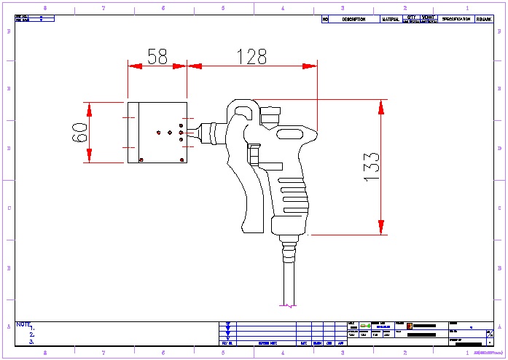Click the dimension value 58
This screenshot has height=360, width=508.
point(157,56)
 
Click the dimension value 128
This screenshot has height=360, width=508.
point(251,56)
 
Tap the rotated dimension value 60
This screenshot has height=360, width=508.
point(79,132)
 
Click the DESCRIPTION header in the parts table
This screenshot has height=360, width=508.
point(353,20)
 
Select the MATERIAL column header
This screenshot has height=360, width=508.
point(391,20)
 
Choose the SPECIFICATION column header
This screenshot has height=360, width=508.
point(456,19)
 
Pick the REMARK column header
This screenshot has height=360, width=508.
point(485,20)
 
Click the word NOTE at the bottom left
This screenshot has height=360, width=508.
point(23,324)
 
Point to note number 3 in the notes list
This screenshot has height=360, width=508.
point(32,341)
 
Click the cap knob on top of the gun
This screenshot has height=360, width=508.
point(270,115)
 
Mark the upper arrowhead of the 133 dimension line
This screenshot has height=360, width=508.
point(380,105)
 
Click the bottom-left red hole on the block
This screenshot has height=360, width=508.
point(141,160)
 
